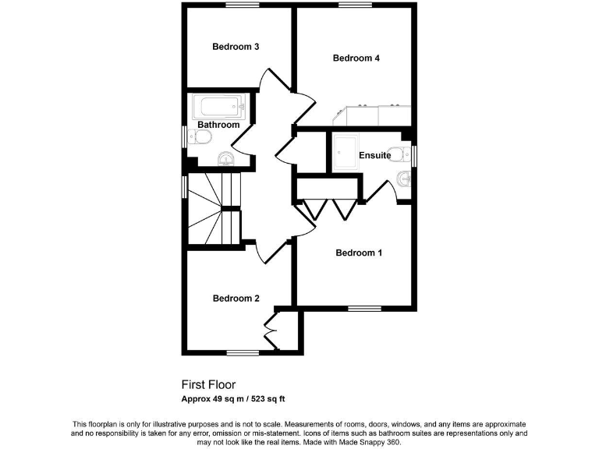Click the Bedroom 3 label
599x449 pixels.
tap(236, 47)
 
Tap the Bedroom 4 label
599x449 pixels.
tap(356, 58)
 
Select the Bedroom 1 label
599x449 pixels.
tap(359, 253)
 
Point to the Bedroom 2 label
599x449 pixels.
tap(236, 299)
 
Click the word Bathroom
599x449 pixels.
tap(218, 125)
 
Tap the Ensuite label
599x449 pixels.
tap(375, 156)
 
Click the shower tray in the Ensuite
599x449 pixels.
tap(344, 154)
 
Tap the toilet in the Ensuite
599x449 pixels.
tap(399, 150)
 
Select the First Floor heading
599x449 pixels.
tap(208, 384)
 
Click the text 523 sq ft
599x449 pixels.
tap(265, 399)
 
